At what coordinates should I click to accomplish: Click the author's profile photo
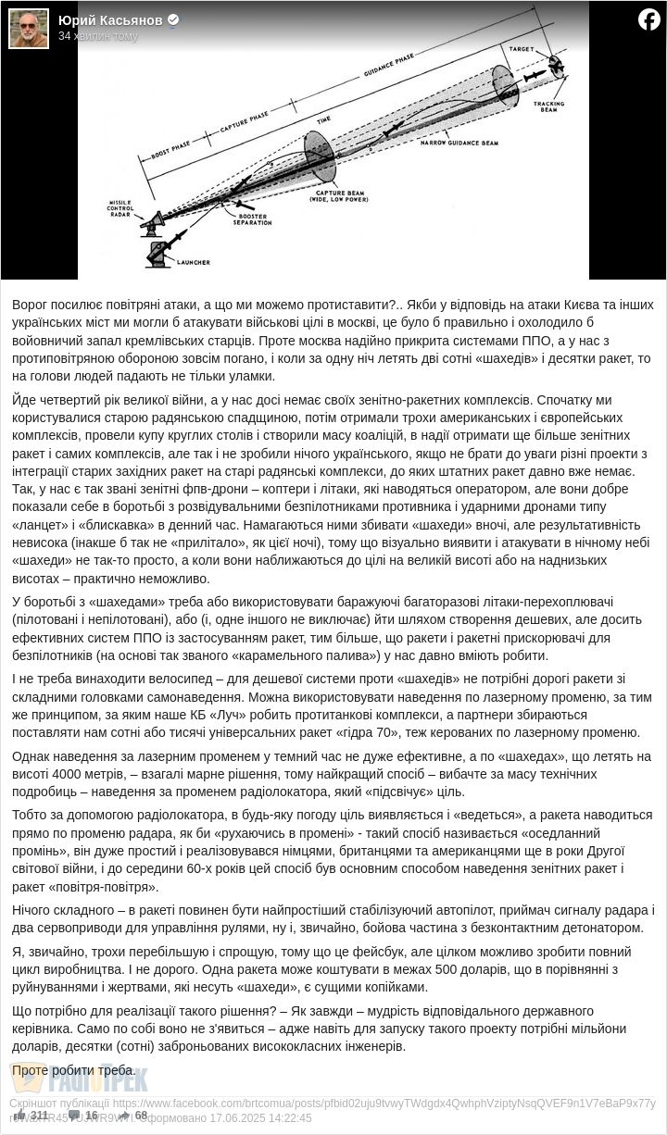pos(29,28)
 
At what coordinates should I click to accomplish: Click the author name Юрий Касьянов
pos(110,20)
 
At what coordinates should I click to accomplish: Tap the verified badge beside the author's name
pos(173,20)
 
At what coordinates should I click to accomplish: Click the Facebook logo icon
pos(648,19)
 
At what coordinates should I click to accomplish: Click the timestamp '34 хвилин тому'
pos(98,36)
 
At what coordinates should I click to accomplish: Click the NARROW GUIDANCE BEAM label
pos(459,143)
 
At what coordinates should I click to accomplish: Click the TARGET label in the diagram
pos(521,47)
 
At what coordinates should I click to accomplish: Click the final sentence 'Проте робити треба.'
pos(73,1070)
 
